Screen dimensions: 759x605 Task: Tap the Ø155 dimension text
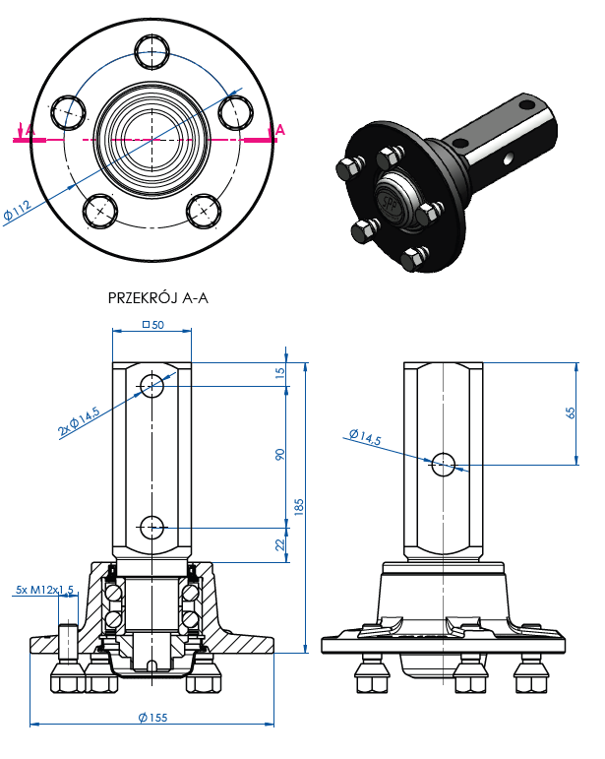coord(152,717)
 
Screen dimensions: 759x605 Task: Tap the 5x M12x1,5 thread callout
coord(44,590)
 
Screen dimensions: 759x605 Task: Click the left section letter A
coord(30,130)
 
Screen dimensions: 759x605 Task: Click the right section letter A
coord(279,130)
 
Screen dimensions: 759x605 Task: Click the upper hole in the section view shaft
coord(152,385)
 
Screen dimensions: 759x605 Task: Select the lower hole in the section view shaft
coord(152,527)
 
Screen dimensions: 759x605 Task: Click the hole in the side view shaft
coord(443,463)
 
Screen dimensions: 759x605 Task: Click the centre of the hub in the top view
coord(152,139)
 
